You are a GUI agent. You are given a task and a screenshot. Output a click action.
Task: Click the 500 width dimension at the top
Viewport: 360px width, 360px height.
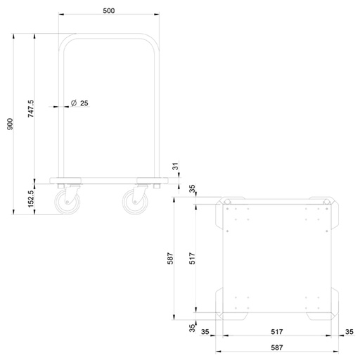pyautogui.click(x=109, y=11)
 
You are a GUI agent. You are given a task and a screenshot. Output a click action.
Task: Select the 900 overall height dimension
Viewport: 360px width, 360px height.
pyautogui.click(x=10, y=124)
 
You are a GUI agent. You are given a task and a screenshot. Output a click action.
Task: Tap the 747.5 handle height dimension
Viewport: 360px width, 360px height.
pyautogui.click(x=31, y=109)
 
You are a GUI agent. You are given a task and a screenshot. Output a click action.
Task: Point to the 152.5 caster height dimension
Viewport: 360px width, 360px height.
pyautogui.click(x=31, y=199)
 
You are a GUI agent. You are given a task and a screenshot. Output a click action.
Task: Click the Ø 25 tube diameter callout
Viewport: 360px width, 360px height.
pyautogui.click(x=79, y=103)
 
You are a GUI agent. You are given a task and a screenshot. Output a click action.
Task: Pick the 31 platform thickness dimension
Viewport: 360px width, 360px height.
pyautogui.click(x=176, y=166)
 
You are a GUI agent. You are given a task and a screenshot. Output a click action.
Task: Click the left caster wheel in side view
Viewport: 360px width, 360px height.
pyautogui.click(x=67, y=202)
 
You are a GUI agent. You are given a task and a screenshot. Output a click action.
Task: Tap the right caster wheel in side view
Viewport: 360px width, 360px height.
pyautogui.click(x=135, y=202)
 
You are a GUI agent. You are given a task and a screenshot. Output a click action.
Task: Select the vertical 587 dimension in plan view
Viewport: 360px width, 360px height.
pyautogui.click(x=170, y=258)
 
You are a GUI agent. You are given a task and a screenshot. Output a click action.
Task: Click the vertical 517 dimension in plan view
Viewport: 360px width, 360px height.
pyautogui.click(x=192, y=258)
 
